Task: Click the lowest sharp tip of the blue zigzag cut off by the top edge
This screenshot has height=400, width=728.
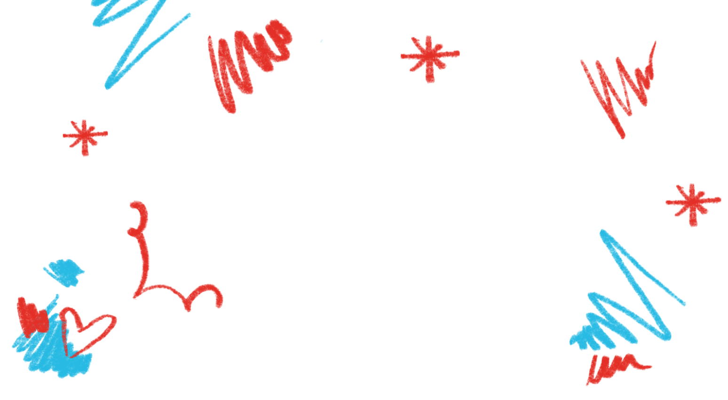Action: click(x=108, y=88)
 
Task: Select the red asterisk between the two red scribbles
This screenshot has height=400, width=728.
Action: click(x=428, y=56)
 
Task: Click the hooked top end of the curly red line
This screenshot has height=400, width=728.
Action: click(x=134, y=204)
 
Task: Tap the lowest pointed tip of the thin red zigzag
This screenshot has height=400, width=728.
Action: click(x=623, y=137)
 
